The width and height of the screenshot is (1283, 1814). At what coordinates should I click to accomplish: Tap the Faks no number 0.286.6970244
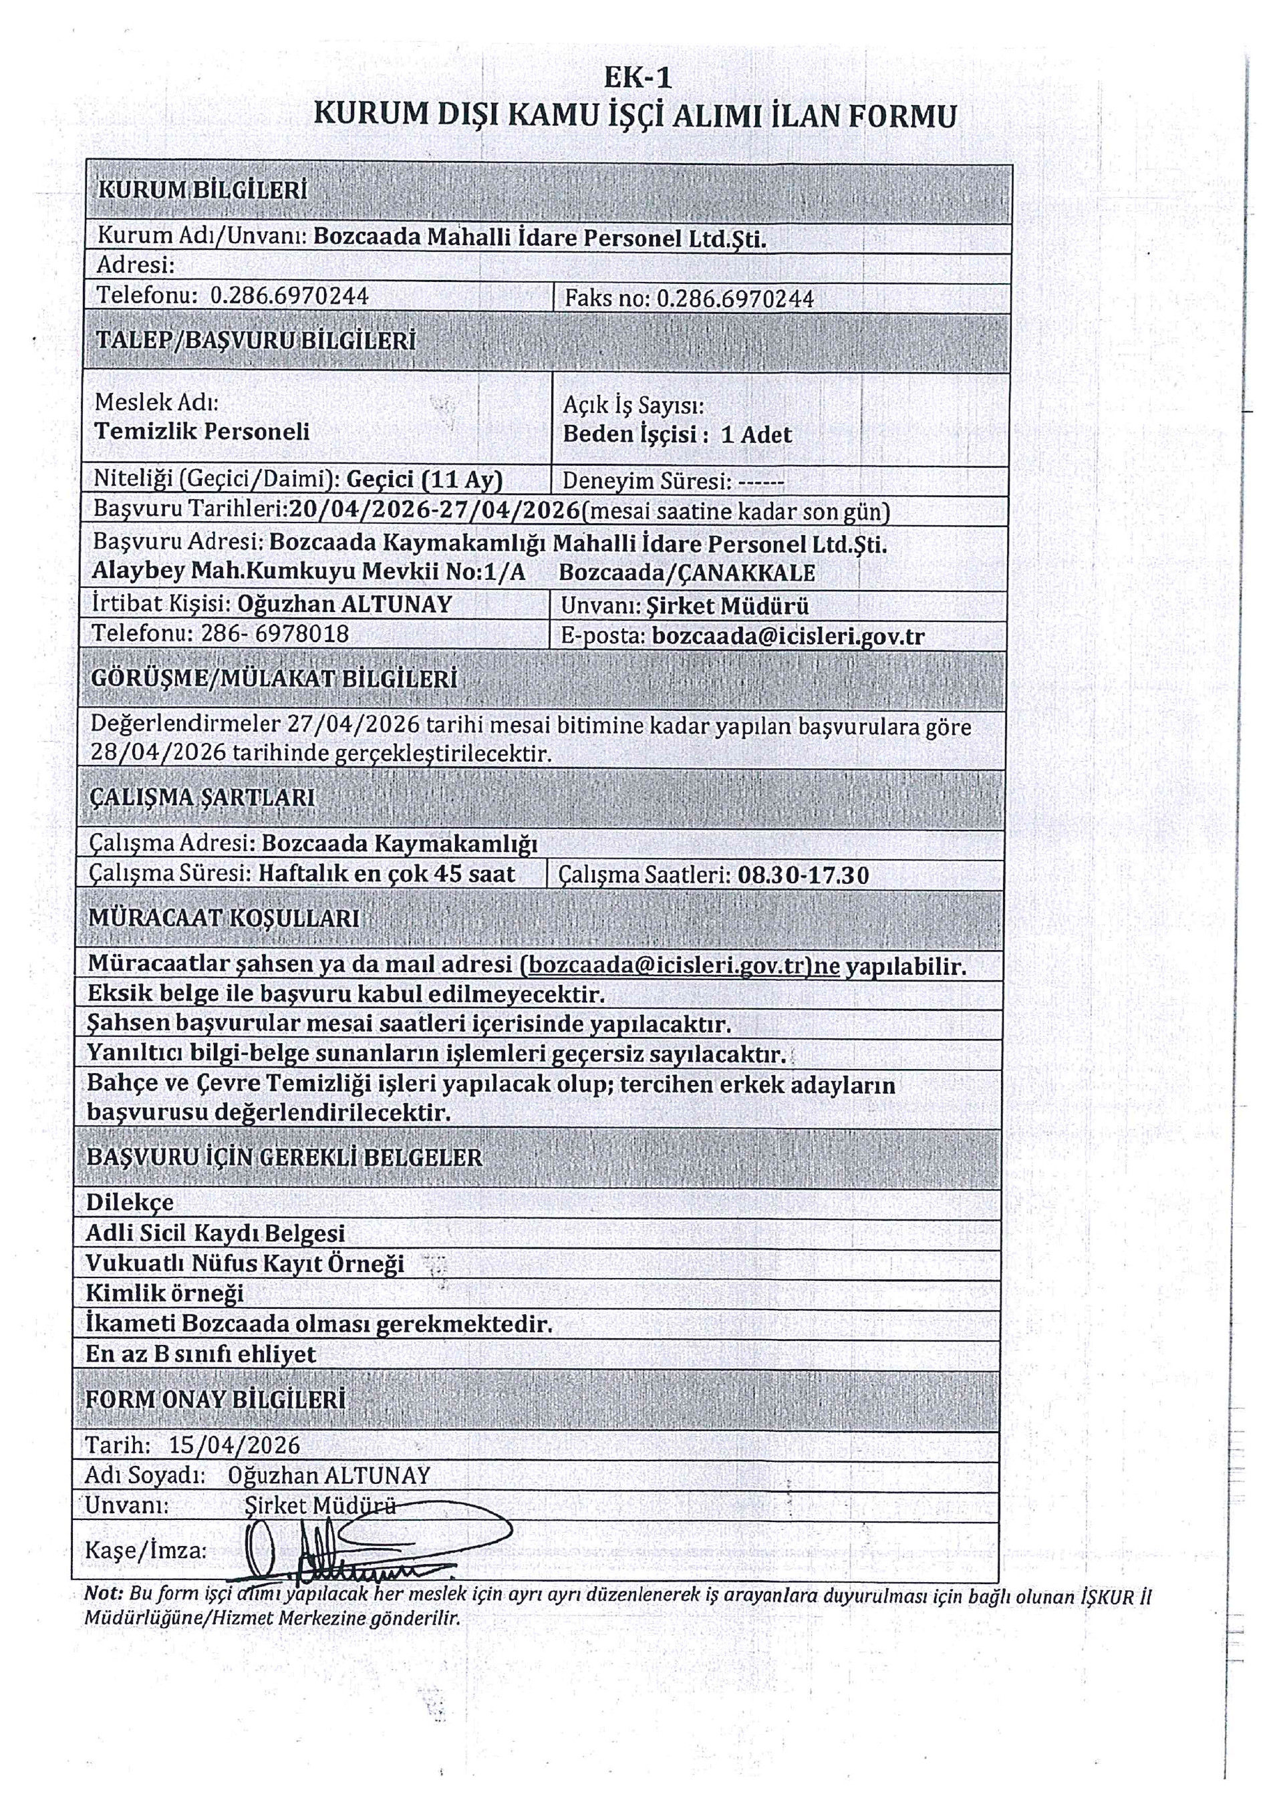[735, 299]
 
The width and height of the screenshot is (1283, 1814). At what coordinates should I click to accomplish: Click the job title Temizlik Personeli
[201, 432]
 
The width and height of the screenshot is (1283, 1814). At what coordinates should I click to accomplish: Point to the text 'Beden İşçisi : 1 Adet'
[677, 434]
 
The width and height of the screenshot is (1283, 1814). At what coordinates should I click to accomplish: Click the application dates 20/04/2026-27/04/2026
[434, 510]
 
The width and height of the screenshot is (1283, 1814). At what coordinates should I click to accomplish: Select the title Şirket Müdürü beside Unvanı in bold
[727, 606]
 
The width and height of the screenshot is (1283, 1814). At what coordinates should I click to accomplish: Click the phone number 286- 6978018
[275, 633]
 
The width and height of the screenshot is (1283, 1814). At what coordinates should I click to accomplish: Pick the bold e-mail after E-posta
[788, 637]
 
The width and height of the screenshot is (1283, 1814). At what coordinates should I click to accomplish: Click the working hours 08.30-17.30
[803, 875]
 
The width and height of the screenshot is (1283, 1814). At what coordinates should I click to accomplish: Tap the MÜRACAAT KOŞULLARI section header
[224, 918]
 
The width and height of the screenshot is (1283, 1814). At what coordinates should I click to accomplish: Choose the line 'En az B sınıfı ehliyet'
[200, 1354]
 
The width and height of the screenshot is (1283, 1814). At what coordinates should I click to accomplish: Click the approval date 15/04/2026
[235, 1445]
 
